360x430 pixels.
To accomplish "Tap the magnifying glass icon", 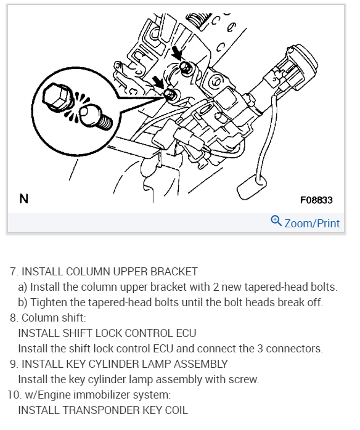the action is click(276, 221).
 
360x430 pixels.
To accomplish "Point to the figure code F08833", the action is click(316, 200).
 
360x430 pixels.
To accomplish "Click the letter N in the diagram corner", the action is click(24, 198).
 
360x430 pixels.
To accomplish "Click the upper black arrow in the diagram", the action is click(176, 54).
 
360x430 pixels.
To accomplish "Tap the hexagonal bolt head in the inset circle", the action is click(57, 97).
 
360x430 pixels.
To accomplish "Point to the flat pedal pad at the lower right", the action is click(252, 187).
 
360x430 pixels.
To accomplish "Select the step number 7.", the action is click(14, 272).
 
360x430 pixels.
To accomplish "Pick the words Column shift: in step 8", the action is click(54, 318).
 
